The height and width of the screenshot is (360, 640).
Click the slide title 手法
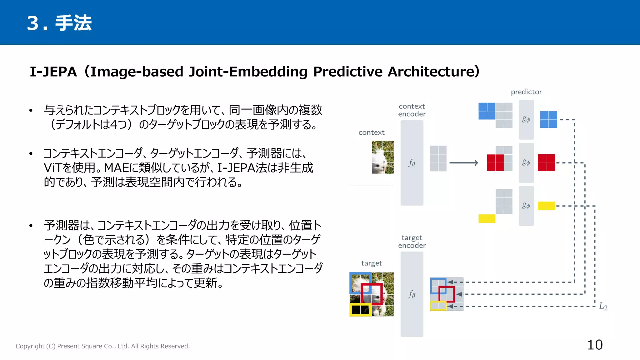tap(73, 23)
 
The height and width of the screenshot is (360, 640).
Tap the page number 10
tap(595, 345)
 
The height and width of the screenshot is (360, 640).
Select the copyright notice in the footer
tap(102, 346)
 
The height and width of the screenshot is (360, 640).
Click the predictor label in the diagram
tap(526, 92)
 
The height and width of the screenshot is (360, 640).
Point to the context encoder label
tap(412, 110)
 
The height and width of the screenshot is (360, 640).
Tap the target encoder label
tap(412, 242)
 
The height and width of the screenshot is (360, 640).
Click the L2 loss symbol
tap(603, 307)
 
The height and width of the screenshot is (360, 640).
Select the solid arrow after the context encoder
tap(463, 163)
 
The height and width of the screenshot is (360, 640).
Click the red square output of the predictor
tap(546, 163)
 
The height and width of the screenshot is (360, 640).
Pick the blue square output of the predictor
tap(548, 120)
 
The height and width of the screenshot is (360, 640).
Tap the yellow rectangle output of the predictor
tap(546, 206)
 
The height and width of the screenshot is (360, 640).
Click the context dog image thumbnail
tap(382, 157)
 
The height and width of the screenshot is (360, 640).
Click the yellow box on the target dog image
tap(360, 310)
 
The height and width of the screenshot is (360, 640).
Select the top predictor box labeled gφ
tap(526, 120)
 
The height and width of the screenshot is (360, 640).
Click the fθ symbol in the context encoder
tap(412, 163)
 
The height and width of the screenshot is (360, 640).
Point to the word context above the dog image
tap(371, 132)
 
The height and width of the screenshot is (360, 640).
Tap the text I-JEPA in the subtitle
tap(53, 72)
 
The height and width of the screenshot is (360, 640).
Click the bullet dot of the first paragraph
tap(31, 111)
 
